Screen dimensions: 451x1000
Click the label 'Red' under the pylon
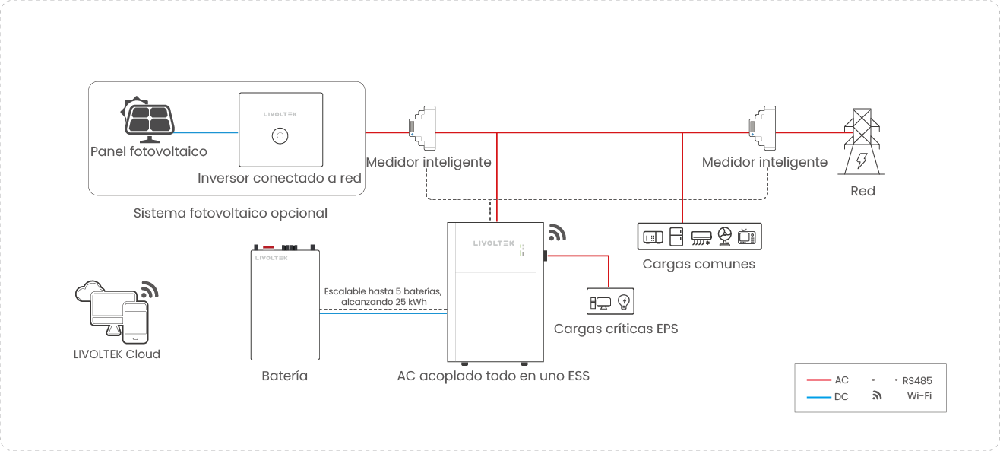click(x=862, y=191)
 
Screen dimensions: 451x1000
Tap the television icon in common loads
click(x=747, y=237)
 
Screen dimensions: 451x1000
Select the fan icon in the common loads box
click(x=724, y=237)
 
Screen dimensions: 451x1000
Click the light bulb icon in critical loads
click(x=624, y=302)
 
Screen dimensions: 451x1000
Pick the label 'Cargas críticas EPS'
click(x=616, y=329)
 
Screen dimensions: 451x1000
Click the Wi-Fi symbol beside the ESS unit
click(x=557, y=233)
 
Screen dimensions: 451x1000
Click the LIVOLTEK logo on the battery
click(x=271, y=259)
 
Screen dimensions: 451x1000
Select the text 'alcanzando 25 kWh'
click(x=384, y=302)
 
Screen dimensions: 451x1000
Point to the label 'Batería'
click(x=284, y=376)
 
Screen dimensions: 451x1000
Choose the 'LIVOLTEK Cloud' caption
click(x=117, y=354)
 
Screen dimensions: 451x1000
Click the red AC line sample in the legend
click(x=818, y=380)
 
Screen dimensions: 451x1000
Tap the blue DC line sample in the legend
click(x=818, y=396)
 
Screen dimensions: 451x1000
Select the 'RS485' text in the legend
click(x=917, y=380)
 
